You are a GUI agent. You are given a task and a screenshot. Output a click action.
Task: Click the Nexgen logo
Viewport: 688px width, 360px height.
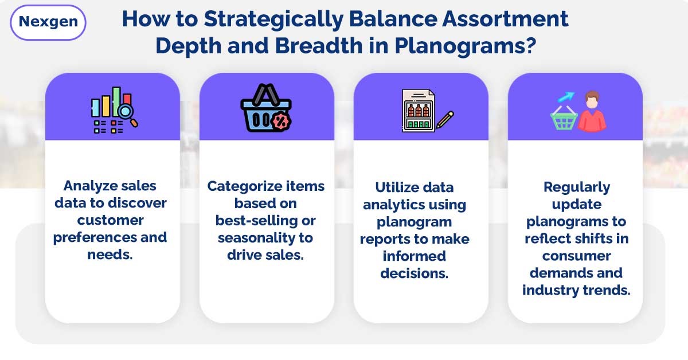click(x=48, y=22)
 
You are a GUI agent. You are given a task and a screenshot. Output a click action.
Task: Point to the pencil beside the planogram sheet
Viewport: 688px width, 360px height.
click(x=445, y=119)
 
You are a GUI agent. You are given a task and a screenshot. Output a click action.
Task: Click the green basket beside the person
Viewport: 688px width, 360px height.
click(x=564, y=119)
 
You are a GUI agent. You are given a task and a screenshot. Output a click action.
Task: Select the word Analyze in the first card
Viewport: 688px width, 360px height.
click(x=90, y=186)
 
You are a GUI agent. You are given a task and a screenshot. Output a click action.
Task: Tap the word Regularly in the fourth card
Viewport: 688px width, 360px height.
click(x=576, y=187)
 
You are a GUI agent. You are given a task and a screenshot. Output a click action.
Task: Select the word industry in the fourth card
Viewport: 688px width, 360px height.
click(x=549, y=290)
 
